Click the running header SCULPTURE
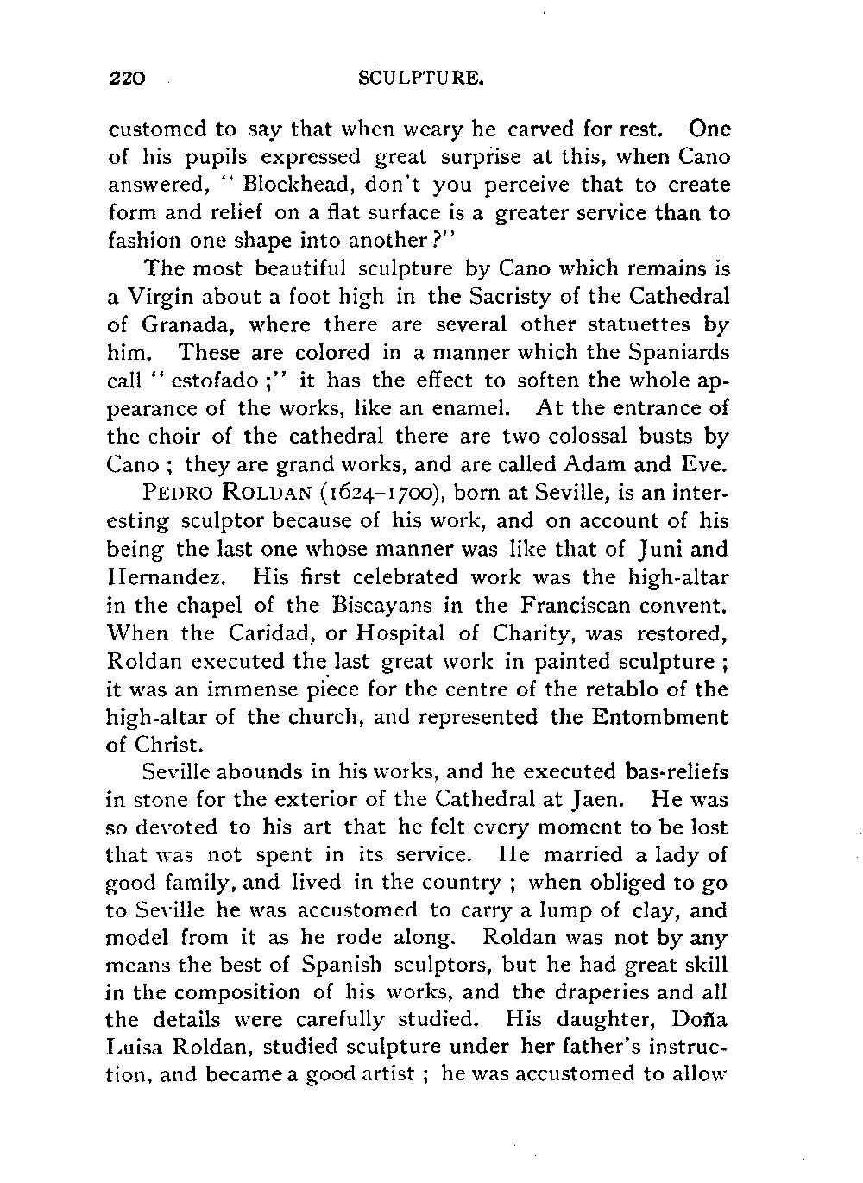(418, 80)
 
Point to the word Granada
(180, 325)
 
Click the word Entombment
(658, 717)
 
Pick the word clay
(652, 910)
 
